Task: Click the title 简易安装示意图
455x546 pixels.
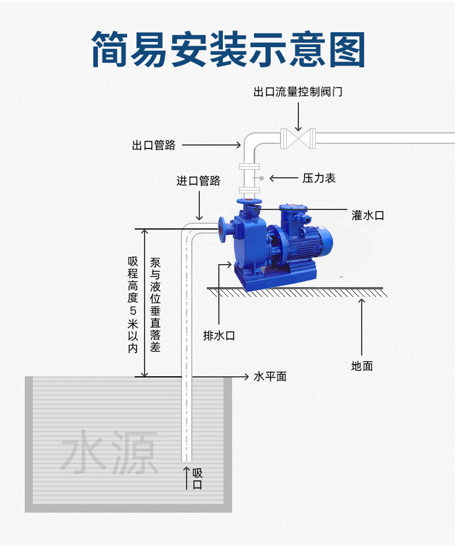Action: pyautogui.click(x=228, y=49)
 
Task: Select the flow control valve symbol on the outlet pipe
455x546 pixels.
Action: pyautogui.click(x=298, y=139)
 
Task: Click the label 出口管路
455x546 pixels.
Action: pyautogui.click(x=154, y=145)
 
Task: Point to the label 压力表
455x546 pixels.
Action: pyautogui.click(x=319, y=178)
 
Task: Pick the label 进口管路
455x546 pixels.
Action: pyautogui.click(x=198, y=181)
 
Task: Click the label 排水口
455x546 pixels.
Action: pyautogui.click(x=219, y=335)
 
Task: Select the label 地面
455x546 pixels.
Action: pyautogui.click(x=362, y=366)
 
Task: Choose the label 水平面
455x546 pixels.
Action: pyautogui.click(x=270, y=377)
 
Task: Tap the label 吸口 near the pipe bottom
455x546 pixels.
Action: pyautogui.click(x=198, y=479)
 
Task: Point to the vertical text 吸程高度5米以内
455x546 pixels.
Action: pyautogui.click(x=133, y=304)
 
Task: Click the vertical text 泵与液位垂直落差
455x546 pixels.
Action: pyautogui.click(x=155, y=304)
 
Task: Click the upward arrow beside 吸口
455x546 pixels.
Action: pyautogui.click(x=186, y=478)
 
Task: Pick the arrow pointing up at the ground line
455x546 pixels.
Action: pyautogui.click(x=362, y=325)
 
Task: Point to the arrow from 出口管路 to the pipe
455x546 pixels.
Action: pyautogui.click(x=211, y=145)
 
